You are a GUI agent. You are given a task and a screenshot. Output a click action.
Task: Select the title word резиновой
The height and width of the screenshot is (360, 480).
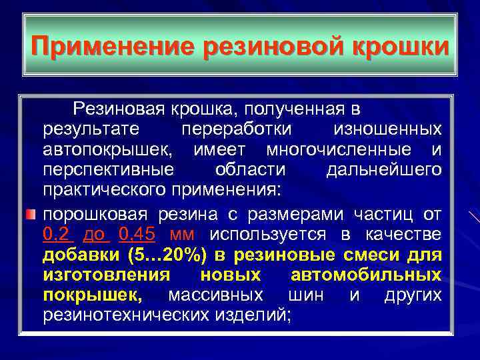tap(267, 47)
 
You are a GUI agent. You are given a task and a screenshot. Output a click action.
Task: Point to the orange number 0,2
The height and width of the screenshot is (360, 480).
tap(57, 234)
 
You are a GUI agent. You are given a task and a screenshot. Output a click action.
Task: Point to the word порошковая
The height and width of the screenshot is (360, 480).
tap(97, 214)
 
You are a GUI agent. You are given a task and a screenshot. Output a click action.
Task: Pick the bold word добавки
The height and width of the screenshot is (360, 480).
tap(79, 255)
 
